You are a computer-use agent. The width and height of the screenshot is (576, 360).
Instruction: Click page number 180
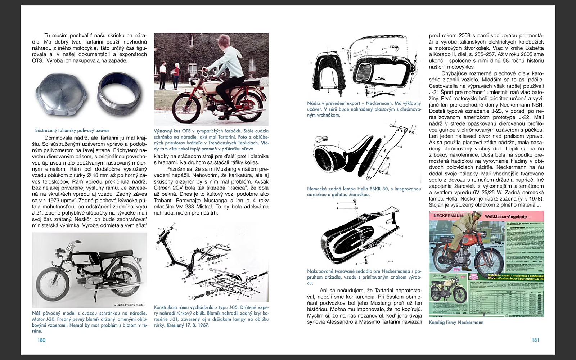pos(41,340)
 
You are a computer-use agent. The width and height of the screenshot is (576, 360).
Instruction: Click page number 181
pos(535,340)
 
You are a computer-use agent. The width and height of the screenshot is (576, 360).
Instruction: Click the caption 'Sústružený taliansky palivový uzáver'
pos(72,130)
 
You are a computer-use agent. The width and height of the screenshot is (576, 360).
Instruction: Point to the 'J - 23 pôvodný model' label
pos(129,305)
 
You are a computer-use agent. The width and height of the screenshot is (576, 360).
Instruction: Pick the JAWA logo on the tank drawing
pos(380,78)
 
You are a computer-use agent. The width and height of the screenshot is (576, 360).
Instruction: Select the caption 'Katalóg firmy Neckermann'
pos(456,323)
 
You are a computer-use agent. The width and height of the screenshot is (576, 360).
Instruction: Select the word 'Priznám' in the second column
pos(176,169)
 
